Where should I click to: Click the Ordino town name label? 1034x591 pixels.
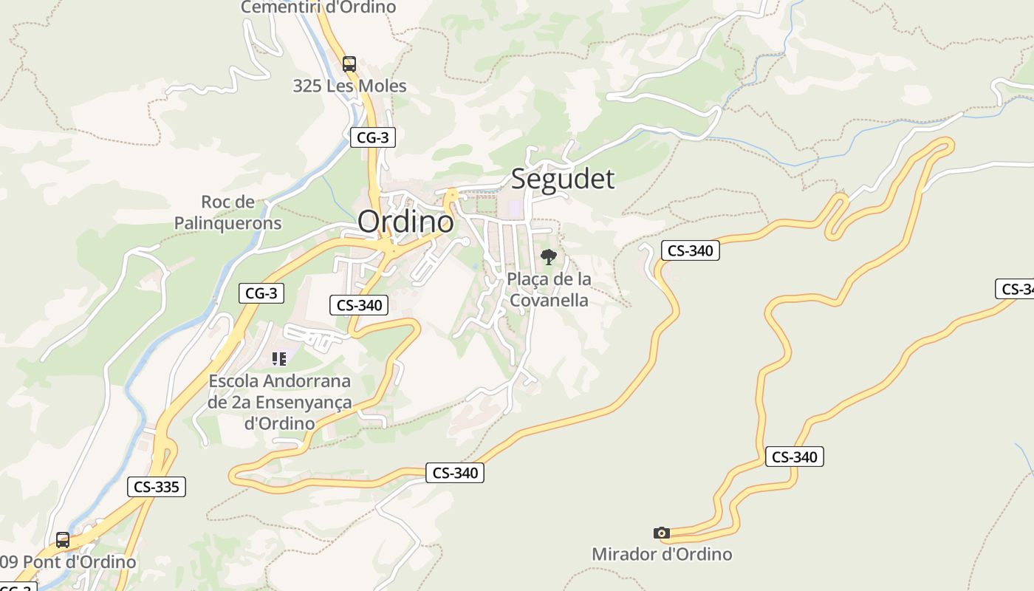point(405,221)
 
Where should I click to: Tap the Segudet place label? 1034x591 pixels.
point(562,179)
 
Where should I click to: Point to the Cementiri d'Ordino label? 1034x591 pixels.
point(318,7)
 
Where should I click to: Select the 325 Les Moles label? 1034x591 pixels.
point(349,86)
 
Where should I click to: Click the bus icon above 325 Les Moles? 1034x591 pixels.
point(349,64)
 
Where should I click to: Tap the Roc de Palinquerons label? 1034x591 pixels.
point(227,212)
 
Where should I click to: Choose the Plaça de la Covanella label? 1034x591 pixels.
point(549,290)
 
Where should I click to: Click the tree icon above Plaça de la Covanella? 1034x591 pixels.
point(548,257)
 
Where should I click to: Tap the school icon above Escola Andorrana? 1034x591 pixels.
point(279,359)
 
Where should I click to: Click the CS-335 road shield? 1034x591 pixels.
point(156,487)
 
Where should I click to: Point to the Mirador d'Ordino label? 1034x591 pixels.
point(662,554)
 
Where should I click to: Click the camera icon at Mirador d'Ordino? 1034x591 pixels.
point(662,533)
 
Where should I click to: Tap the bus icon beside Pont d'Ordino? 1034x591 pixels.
point(63,540)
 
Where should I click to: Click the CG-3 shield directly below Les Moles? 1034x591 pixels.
point(372,137)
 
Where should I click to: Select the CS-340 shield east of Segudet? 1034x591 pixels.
point(690,250)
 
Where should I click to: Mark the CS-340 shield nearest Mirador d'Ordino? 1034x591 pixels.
point(794,457)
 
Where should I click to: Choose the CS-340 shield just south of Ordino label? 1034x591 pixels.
point(358,304)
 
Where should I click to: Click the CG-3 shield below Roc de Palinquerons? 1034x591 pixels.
point(261,293)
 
